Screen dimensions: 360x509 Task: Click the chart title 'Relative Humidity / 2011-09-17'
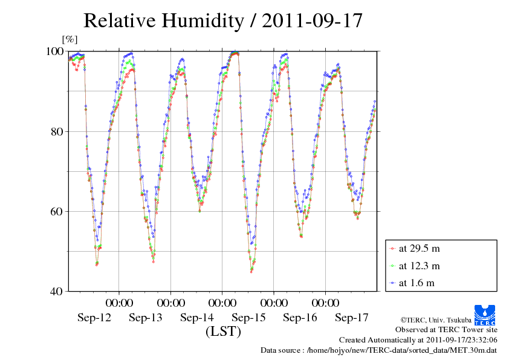click(x=222, y=21)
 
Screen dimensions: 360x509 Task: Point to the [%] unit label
click(x=70, y=40)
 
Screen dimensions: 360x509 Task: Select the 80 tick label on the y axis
click(x=57, y=131)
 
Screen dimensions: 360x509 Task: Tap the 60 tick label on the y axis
click(x=57, y=211)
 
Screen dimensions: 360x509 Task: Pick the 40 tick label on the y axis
click(x=57, y=291)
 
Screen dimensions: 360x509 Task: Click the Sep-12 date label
click(x=94, y=318)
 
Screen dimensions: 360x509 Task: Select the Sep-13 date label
click(x=146, y=318)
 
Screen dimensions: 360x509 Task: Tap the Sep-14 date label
click(x=197, y=318)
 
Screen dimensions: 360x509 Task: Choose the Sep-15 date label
click(x=248, y=318)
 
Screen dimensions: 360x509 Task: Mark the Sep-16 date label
click(x=300, y=318)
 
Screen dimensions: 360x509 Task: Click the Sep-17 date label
click(x=351, y=318)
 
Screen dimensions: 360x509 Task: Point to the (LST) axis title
click(x=223, y=332)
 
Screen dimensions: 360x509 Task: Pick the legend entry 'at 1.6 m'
click(x=416, y=283)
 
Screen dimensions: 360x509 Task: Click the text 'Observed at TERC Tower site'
click(x=446, y=330)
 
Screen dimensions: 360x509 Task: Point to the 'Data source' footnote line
click(x=378, y=350)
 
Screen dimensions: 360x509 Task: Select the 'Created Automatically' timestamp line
click(x=418, y=340)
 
